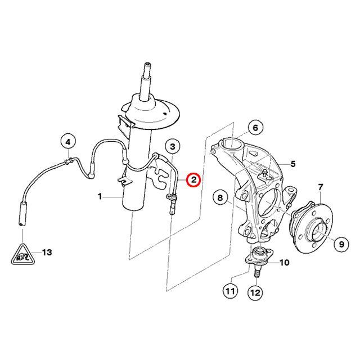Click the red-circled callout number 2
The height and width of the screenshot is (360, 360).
[193, 180]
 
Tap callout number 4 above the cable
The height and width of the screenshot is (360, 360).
[68, 142]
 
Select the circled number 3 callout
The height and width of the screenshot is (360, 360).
[173, 146]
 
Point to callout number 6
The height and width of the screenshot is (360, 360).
[255, 128]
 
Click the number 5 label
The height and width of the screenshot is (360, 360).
[293, 164]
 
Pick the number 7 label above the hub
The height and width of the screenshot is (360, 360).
[321, 187]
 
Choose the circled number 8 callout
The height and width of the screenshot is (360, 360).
[220, 197]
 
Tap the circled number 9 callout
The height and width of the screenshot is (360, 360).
[341, 244]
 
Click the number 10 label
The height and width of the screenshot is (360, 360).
[284, 262]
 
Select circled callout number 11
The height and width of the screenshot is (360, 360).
[230, 291]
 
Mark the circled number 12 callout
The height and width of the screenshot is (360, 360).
[255, 292]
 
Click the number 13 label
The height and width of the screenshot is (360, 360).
[47, 253]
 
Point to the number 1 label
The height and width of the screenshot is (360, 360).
[100, 196]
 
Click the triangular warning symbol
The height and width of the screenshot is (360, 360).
[22, 255]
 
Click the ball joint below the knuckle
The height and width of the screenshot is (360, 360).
[259, 255]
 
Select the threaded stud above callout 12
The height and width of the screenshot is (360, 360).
[256, 273]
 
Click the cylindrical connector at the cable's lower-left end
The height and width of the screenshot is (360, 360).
[22, 213]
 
